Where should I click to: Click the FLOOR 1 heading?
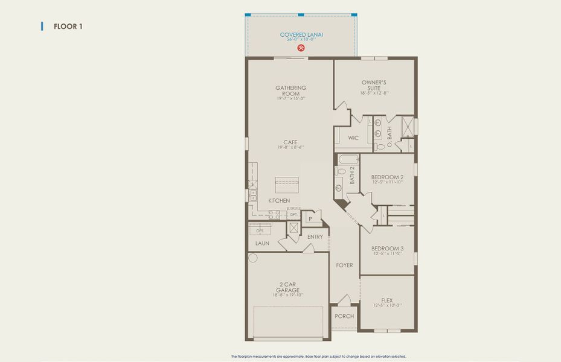coord(68,27)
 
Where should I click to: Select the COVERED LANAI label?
coord(301,35)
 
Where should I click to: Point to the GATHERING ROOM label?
coord(290,91)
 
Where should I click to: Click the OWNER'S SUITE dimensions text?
coord(374,93)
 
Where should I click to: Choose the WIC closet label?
coord(353,138)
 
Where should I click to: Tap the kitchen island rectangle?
coord(289,184)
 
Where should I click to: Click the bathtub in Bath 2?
coord(348,160)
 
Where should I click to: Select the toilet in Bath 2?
coord(341,172)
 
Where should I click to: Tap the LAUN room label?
coord(261,244)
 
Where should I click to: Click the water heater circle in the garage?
coord(253,258)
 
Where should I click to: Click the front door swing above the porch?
coord(343,300)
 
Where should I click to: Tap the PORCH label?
coord(344,316)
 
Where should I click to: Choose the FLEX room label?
coord(387,300)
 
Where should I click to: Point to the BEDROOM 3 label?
coord(387,248)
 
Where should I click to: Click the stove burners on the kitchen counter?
coord(275,213)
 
